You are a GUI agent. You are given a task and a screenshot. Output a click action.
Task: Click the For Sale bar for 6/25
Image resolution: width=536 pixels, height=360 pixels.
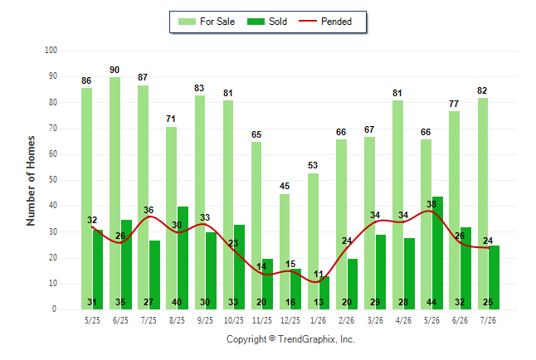pos(115,193)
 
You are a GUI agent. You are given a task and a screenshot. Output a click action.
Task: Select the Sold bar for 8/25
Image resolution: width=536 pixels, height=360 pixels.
pos(183,258)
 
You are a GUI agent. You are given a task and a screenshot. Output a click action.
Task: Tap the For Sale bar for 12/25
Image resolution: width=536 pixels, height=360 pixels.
pos(285,251)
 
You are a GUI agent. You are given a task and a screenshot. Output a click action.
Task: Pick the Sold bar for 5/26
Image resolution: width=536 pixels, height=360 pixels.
pos(437,253)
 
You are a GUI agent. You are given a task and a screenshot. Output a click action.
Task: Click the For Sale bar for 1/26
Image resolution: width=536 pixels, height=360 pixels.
pos(313,241)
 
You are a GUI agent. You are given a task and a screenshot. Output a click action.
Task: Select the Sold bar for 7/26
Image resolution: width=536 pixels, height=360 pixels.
pos(494,277)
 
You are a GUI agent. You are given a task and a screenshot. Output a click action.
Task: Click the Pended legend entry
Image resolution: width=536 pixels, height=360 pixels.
pos(325,22)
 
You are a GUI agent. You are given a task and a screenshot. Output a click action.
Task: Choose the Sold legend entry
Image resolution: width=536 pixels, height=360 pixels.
pos(267,22)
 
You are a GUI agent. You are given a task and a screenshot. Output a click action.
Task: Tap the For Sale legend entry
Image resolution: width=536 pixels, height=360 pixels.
pos(207,22)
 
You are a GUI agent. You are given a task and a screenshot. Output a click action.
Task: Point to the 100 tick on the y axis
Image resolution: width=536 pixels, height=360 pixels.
pos(51,51)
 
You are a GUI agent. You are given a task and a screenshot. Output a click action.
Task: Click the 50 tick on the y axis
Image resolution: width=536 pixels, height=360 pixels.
pos(52,180)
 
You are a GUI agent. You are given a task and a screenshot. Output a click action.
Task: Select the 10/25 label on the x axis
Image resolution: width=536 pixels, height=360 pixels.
pos(234,320)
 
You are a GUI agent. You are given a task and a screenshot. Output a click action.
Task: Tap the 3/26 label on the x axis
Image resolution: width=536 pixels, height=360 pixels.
pos(375,320)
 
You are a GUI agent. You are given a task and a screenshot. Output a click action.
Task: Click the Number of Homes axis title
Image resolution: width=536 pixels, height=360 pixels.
pos(31,181)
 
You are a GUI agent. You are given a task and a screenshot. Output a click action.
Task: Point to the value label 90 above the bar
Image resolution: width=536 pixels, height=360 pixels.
pos(115,70)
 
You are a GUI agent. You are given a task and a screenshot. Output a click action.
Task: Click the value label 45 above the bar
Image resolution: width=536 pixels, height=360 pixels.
pos(285,186)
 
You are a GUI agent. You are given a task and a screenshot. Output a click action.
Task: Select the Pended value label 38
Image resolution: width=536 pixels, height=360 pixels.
pos(431,204)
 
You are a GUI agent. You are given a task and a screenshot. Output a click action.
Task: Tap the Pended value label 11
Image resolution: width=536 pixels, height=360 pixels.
pos(319,274)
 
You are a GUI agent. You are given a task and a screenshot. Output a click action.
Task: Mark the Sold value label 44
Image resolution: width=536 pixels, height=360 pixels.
pos(431,302)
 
